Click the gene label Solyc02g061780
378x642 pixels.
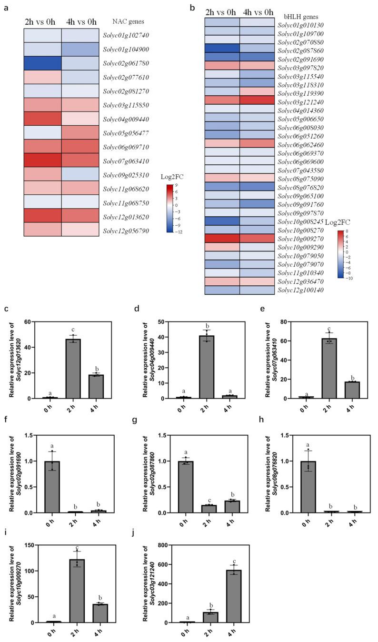click(x=123, y=63)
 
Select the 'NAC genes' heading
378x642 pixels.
click(x=128, y=21)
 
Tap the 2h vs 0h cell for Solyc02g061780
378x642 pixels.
click(x=43, y=63)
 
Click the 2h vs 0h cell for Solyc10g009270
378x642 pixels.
click(x=222, y=238)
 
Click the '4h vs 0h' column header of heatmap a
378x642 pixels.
click(x=80, y=21)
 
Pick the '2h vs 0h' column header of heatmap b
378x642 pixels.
click(x=222, y=11)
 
